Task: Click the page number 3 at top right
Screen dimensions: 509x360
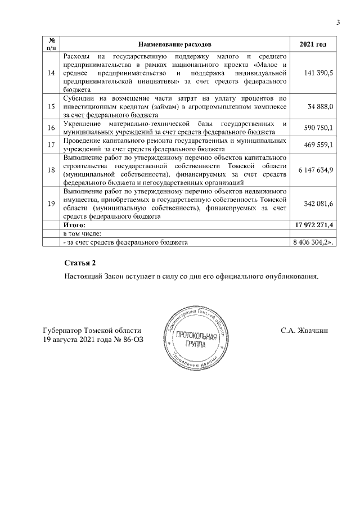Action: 338,22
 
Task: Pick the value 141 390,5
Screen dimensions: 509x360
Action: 318,73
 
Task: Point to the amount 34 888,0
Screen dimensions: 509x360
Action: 321,106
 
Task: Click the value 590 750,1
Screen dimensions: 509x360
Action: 318,128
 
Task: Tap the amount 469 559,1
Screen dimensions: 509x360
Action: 318,145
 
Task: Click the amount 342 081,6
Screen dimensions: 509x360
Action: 318,204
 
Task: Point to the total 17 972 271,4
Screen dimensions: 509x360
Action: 314,225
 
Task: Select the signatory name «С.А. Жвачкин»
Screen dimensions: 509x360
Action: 304,331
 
